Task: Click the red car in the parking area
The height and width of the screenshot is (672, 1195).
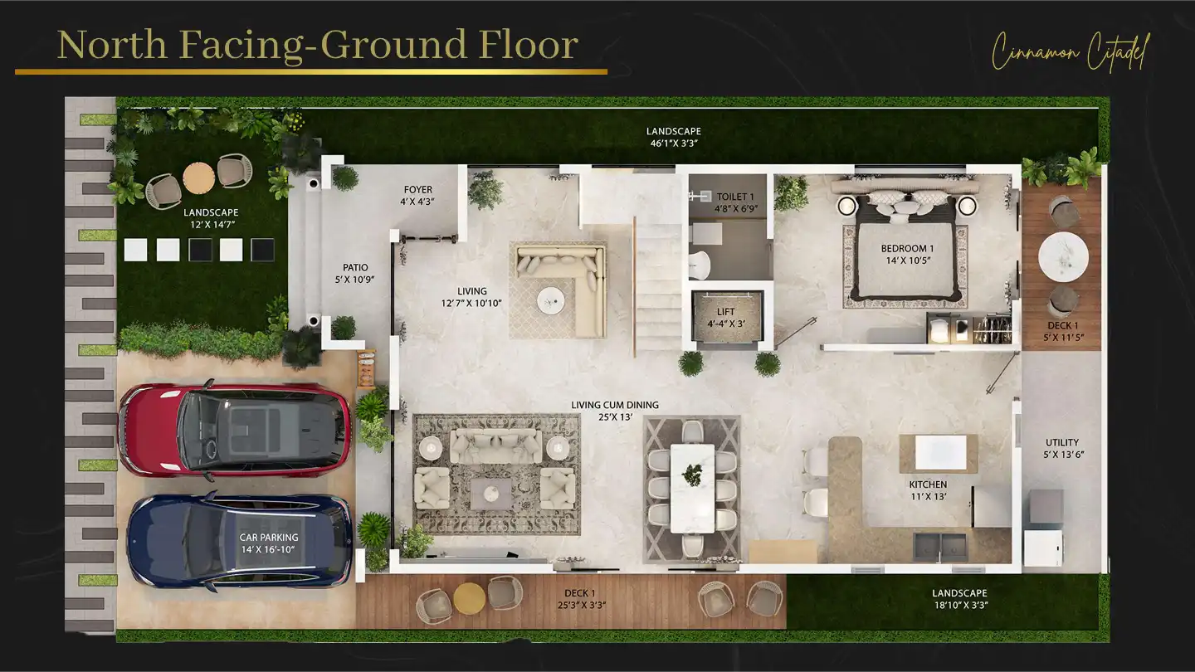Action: (x=235, y=430)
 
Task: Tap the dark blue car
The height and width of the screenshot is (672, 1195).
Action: (x=239, y=542)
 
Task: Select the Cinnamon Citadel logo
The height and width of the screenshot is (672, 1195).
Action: (x=1071, y=51)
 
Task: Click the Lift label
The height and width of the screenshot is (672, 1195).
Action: (x=726, y=312)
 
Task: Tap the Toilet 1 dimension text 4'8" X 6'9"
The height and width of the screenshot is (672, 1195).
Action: (x=736, y=208)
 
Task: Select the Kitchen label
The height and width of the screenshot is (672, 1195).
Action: (x=929, y=485)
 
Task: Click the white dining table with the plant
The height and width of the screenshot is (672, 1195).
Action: (x=692, y=489)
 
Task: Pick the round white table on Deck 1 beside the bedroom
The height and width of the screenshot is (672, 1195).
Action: (x=1063, y=256)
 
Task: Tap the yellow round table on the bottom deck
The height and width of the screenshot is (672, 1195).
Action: (x=470, y=599)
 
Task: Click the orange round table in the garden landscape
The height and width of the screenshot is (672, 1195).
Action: (x=199, y=178)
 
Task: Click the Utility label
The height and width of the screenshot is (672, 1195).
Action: (x=1062, y=443)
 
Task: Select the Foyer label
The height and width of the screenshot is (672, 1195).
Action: (x=418, y=190)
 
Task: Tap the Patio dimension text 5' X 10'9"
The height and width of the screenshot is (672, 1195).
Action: (x=355, y=280)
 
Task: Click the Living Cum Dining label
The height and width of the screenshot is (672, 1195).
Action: (x=615, y=406)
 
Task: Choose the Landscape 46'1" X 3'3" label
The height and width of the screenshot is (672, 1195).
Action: (x=674, y=137)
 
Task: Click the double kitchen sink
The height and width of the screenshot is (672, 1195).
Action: (x=940, y=546)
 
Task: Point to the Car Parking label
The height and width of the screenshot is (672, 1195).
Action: (x=269, y=538)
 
